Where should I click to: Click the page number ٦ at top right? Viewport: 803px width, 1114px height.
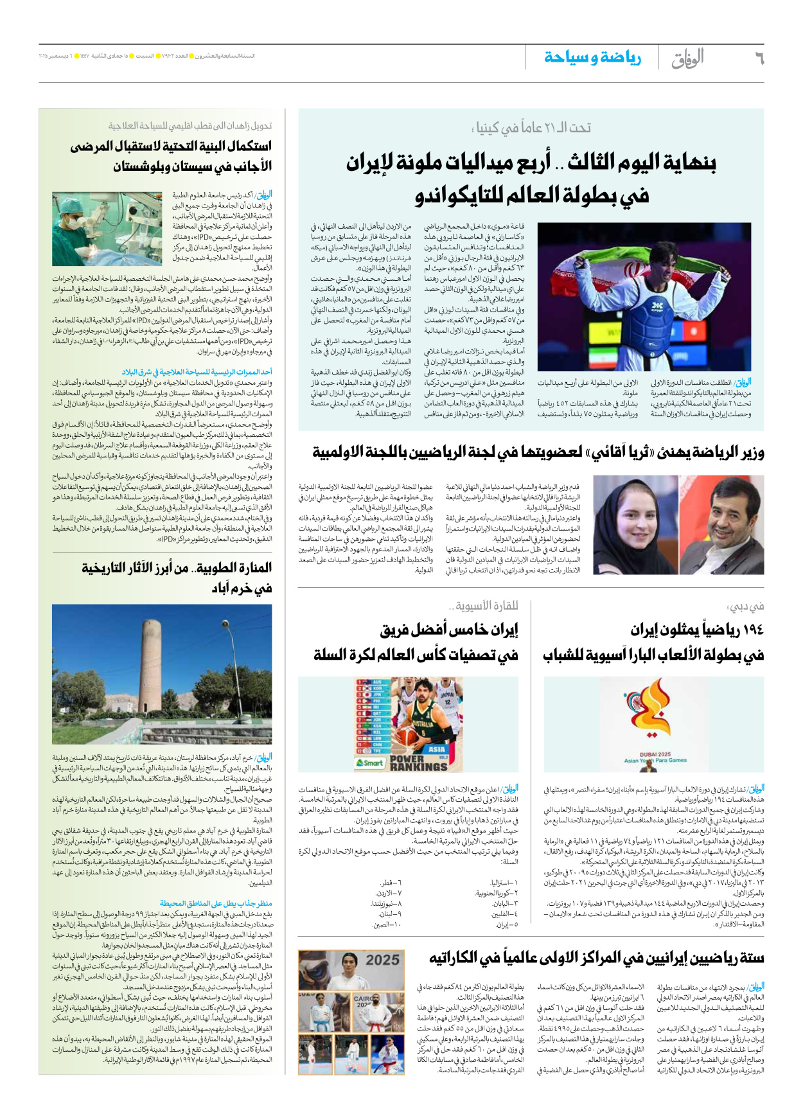click(x=759, y=58)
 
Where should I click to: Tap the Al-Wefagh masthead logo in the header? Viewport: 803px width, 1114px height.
click(x=687, y=58)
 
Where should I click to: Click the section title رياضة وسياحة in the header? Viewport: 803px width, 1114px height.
click(x=592, y=58)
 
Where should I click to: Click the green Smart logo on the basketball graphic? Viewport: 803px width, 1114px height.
click(x=370, y=763)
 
